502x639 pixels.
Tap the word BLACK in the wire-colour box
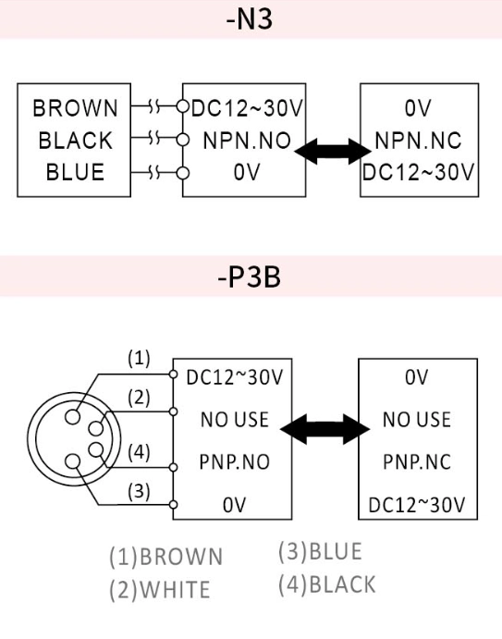(74, 141)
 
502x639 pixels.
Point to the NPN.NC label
(419, 141)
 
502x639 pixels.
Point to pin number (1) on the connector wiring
(136, 358)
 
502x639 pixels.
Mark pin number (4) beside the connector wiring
(136, 454)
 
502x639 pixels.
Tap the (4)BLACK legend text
(326, 584)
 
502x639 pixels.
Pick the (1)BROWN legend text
(165, 557)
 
